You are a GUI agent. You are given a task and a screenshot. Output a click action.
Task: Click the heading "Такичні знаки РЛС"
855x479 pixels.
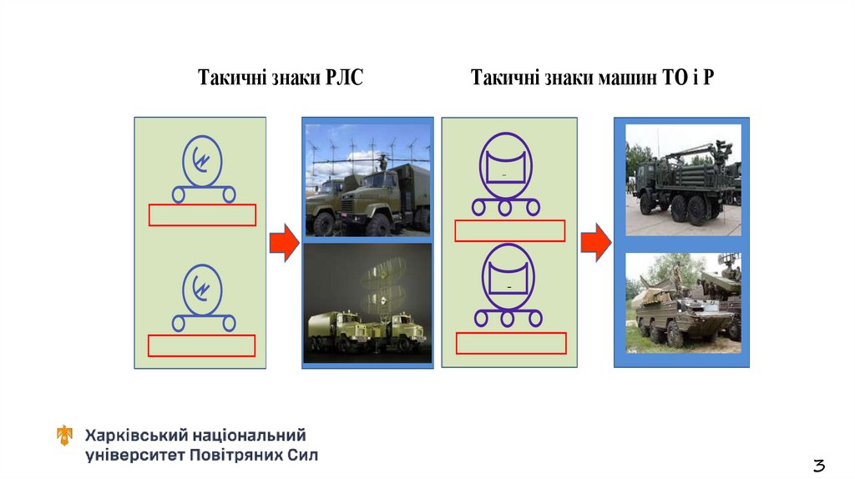[281, 78]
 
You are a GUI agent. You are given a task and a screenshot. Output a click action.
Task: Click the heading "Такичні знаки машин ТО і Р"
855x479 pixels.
[592, 78]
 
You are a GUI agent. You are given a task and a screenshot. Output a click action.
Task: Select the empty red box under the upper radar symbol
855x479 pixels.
[202, 215]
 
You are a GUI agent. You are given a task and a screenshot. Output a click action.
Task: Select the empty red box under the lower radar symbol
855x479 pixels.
[202, 345]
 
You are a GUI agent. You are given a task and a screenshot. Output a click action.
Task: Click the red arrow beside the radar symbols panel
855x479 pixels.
[284, 243]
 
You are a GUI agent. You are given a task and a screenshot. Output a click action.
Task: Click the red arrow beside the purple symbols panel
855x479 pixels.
[596, 243]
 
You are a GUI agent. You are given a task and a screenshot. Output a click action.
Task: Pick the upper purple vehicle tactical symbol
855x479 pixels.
[506, 174]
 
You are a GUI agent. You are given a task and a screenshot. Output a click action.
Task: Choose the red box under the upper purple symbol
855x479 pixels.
[509, 230]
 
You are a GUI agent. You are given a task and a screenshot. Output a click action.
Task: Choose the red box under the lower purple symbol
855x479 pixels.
[511, 343]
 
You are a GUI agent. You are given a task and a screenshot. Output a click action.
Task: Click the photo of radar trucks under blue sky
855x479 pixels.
[367, 179]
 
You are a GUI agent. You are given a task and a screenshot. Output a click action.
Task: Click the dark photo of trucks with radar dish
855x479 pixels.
[367, 304]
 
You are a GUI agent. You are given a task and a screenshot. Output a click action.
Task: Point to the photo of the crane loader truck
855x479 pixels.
[682, 179]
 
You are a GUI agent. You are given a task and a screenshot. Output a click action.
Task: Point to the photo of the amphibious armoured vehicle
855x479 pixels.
[682, 303]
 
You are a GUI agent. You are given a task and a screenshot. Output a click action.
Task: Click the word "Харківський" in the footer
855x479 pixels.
[135, 436]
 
